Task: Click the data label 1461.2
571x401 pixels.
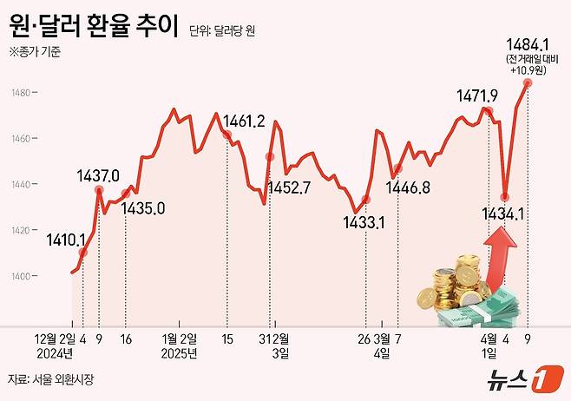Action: click(x=244, y=121)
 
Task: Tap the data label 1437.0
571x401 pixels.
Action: click(x=98, y=175)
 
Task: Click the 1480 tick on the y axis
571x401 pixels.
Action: click(x=22, y=92)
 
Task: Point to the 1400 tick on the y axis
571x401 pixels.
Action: click(x=22, y=276)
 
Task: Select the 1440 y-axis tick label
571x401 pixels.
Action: click(x=22, y=184)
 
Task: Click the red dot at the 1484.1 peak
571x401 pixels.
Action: click(x=527, y=83)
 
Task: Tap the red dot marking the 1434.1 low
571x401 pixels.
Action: click(x=505, y=197)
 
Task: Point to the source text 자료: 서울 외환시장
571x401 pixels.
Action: click(x=50, y=379)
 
